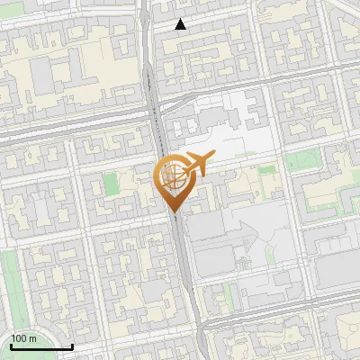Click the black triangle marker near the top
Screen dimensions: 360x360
(181, 24)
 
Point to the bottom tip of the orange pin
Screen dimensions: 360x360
(173, 211)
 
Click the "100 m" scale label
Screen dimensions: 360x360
(23, 337)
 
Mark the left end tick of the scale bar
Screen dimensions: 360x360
(10, 346)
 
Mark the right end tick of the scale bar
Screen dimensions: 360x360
(72, 346)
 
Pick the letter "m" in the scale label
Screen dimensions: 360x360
(32, 337)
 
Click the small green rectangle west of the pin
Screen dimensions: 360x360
(111, 184)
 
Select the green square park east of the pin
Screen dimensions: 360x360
(294, 162)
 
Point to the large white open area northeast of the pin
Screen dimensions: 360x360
(238, 135)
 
